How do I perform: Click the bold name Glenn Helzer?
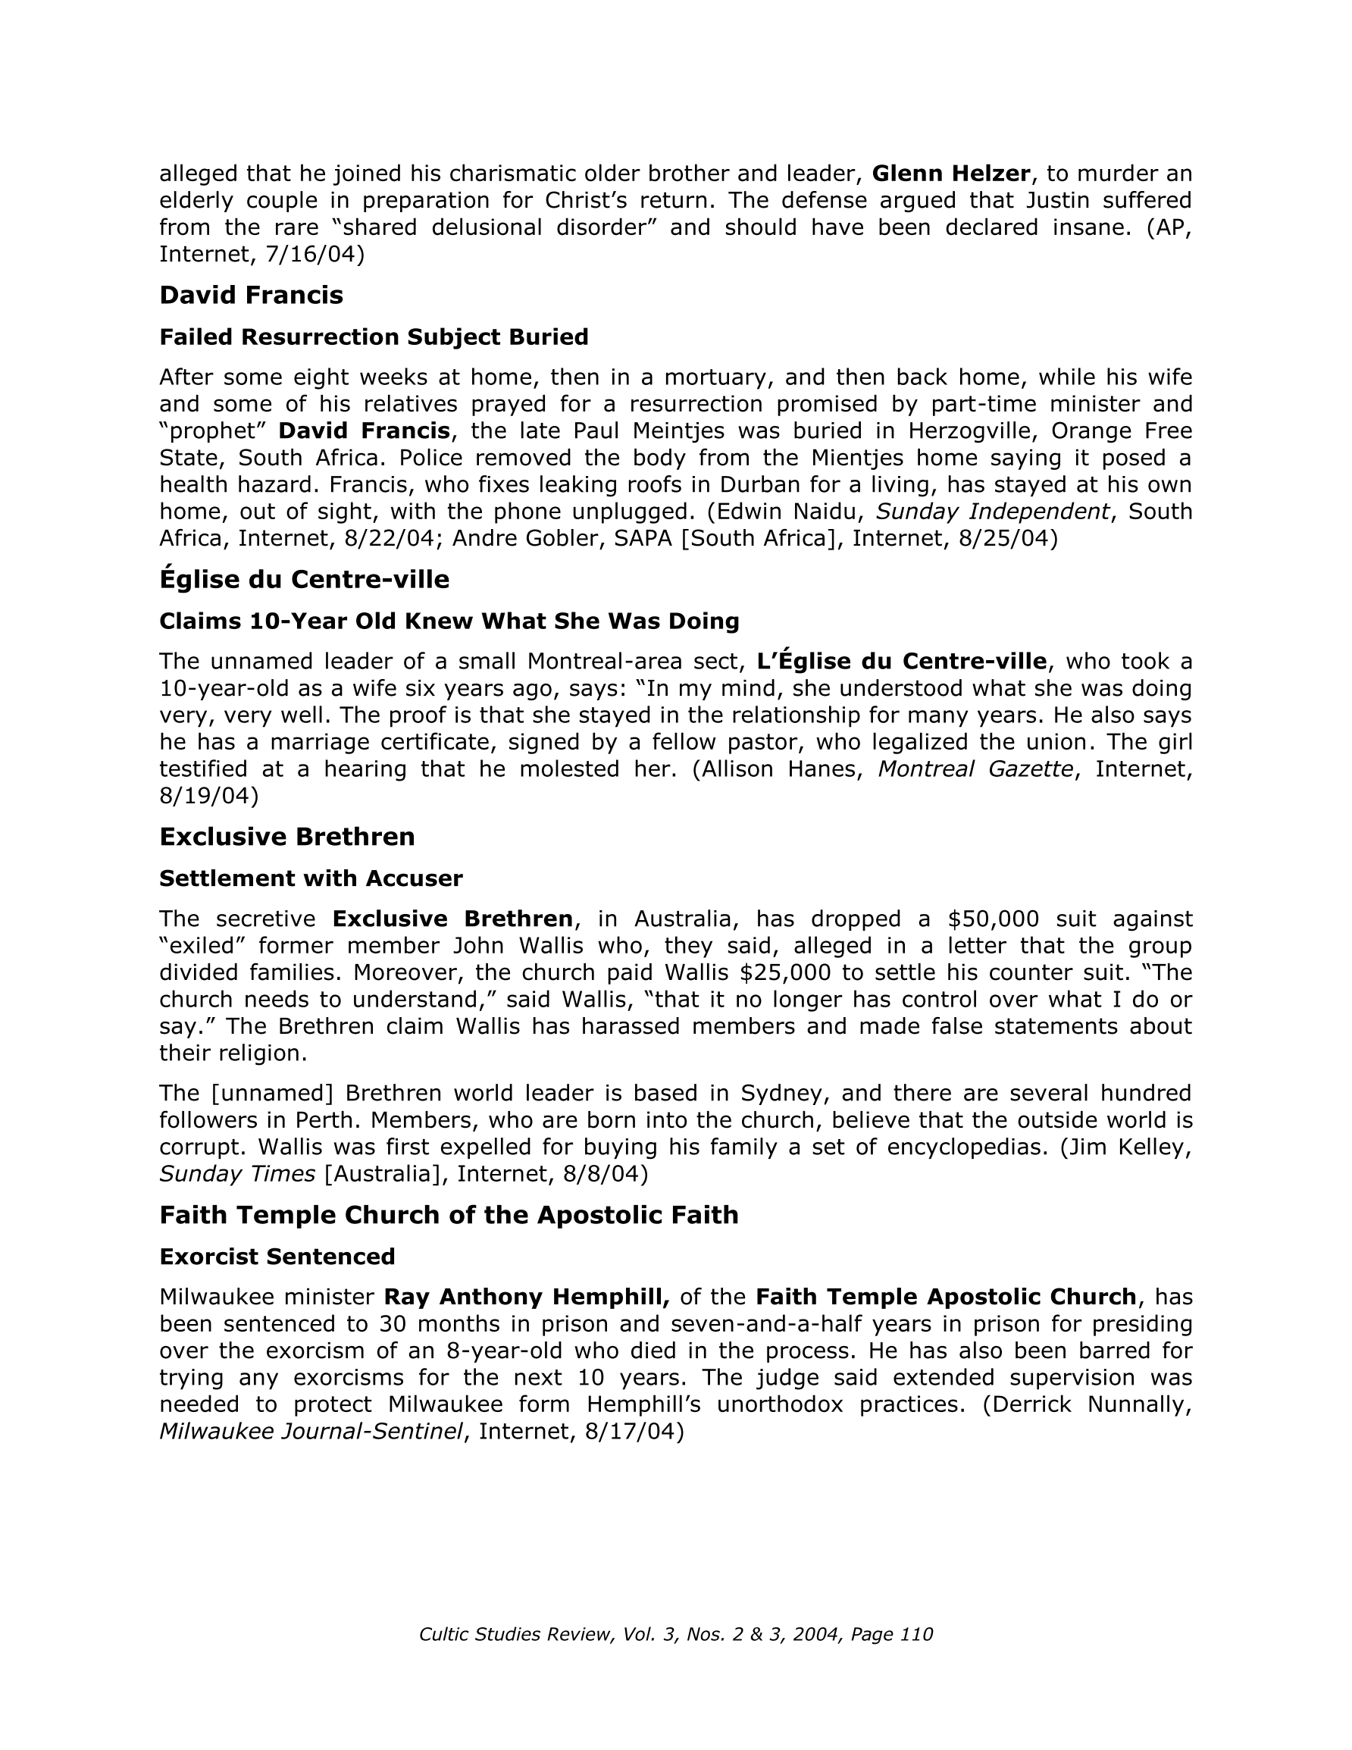pos(950,173)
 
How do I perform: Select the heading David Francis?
pos(251,295)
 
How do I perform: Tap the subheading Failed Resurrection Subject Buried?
pos(374,337)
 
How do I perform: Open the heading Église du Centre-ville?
pos(304,578)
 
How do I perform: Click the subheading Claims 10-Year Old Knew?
pos(449,621)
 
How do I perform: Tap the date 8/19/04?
pos(208,797)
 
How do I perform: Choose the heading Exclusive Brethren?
pos(287,837)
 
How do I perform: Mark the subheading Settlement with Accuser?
pos(311,879)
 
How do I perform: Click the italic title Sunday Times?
pos(237,1175)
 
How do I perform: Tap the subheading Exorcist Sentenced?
pos(277,1257)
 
